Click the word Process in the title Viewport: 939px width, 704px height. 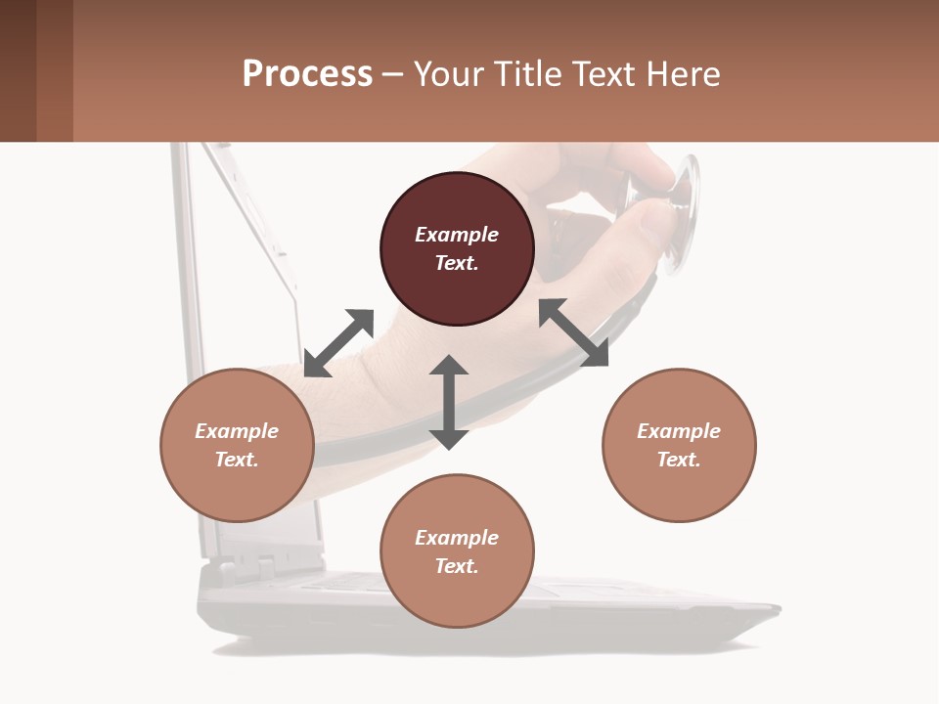point(307,74)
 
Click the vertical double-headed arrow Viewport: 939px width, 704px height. point(449,402)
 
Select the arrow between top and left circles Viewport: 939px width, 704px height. point(338,343)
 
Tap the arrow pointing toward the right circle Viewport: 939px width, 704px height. point(574,333)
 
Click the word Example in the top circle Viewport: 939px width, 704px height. point(457,235)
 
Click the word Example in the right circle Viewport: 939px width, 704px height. point(679,431)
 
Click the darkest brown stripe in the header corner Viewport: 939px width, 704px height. point(18,70)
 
